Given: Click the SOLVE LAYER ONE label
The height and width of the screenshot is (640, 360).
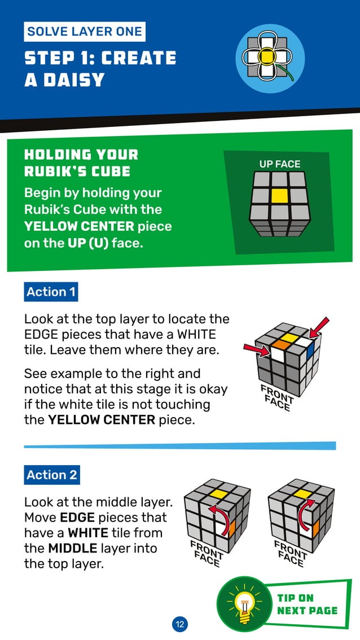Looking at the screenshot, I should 85,32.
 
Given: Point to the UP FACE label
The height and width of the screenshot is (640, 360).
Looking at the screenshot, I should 280,164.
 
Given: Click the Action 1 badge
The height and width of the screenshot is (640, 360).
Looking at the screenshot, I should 51,292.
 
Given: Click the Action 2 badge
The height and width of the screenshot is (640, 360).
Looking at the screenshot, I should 51,475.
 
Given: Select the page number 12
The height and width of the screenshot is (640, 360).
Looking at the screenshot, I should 179,624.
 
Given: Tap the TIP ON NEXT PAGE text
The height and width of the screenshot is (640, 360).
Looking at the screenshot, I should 306,604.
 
